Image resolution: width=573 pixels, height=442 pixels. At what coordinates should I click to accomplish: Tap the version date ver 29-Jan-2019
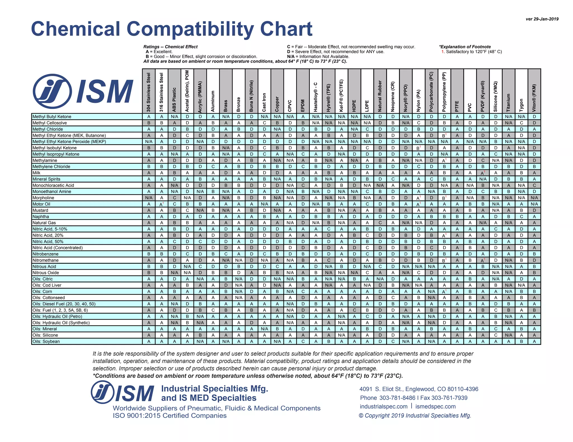click(x=542, y=19)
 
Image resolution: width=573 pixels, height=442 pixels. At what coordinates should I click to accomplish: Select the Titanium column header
click(x=508, y=102)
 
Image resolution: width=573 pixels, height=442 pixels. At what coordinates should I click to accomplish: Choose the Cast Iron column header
click(x=264, y=102)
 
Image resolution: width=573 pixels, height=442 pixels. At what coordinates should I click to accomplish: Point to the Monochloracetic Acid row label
click(x=53, y=185)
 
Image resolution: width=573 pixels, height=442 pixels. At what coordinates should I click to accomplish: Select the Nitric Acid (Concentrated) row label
click(x=57, y=248)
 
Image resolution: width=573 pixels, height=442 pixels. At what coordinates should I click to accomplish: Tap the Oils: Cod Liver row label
click(x=47, y=285)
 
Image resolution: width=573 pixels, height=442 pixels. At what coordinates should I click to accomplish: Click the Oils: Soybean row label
click(x=46, y=341)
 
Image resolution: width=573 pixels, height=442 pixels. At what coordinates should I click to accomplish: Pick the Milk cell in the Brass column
click(x=226, y=173)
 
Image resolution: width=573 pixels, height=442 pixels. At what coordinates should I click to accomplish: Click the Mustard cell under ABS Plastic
click(x=174, y=210)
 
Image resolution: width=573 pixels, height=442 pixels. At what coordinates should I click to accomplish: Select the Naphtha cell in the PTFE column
click(x=457, y=217)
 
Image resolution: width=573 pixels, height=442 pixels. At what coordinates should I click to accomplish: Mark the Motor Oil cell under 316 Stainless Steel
click(x=161, y=204)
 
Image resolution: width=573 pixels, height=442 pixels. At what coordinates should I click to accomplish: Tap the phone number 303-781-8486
click(x=397, y=398)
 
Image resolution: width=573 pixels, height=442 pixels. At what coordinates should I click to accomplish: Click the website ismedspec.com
click(x=435, y=407)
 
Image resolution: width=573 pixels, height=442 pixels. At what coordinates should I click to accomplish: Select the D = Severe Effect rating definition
click(x=335, y=52)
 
